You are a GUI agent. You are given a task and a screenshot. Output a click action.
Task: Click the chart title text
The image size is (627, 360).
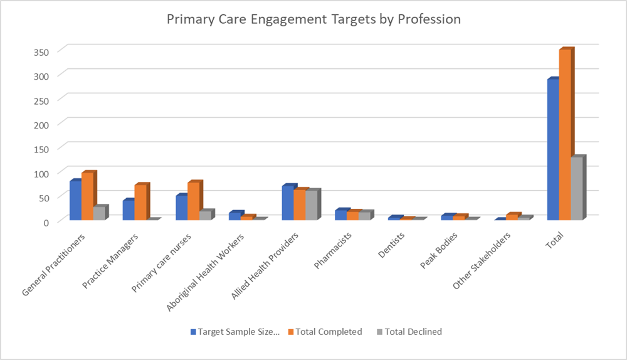(x=313, y=19)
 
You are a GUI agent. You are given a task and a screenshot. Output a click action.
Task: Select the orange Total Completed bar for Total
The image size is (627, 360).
(x=565, y=134)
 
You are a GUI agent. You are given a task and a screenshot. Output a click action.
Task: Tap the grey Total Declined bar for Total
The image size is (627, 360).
(x=577, y=188)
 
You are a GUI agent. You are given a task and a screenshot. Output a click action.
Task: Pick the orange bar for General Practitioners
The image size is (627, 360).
(x=87, y=196)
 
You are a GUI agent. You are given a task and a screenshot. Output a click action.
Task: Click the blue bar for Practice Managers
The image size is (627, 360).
(x=129, y=209)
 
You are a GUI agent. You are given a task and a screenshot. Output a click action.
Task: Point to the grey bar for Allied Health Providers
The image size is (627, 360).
(x=311, y=204)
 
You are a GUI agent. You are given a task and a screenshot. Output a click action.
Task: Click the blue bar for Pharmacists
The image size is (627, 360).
(x=340, y=214)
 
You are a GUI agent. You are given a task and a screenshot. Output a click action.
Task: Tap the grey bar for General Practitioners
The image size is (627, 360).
(x=99, y=213)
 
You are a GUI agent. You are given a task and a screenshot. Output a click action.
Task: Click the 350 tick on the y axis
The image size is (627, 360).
(x=41, y=51)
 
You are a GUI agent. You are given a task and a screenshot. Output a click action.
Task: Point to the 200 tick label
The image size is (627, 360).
(x=41, y=124)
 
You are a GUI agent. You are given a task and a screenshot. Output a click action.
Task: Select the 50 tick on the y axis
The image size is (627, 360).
(x=44, y=198)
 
